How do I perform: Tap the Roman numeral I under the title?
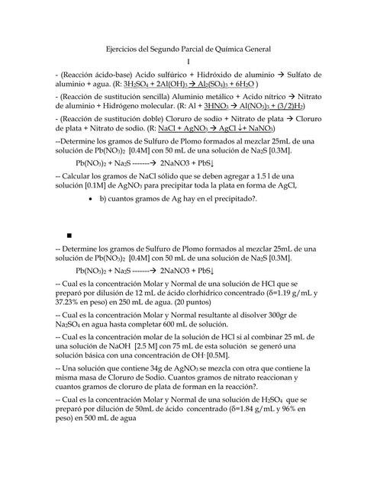(x=188, y=61)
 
